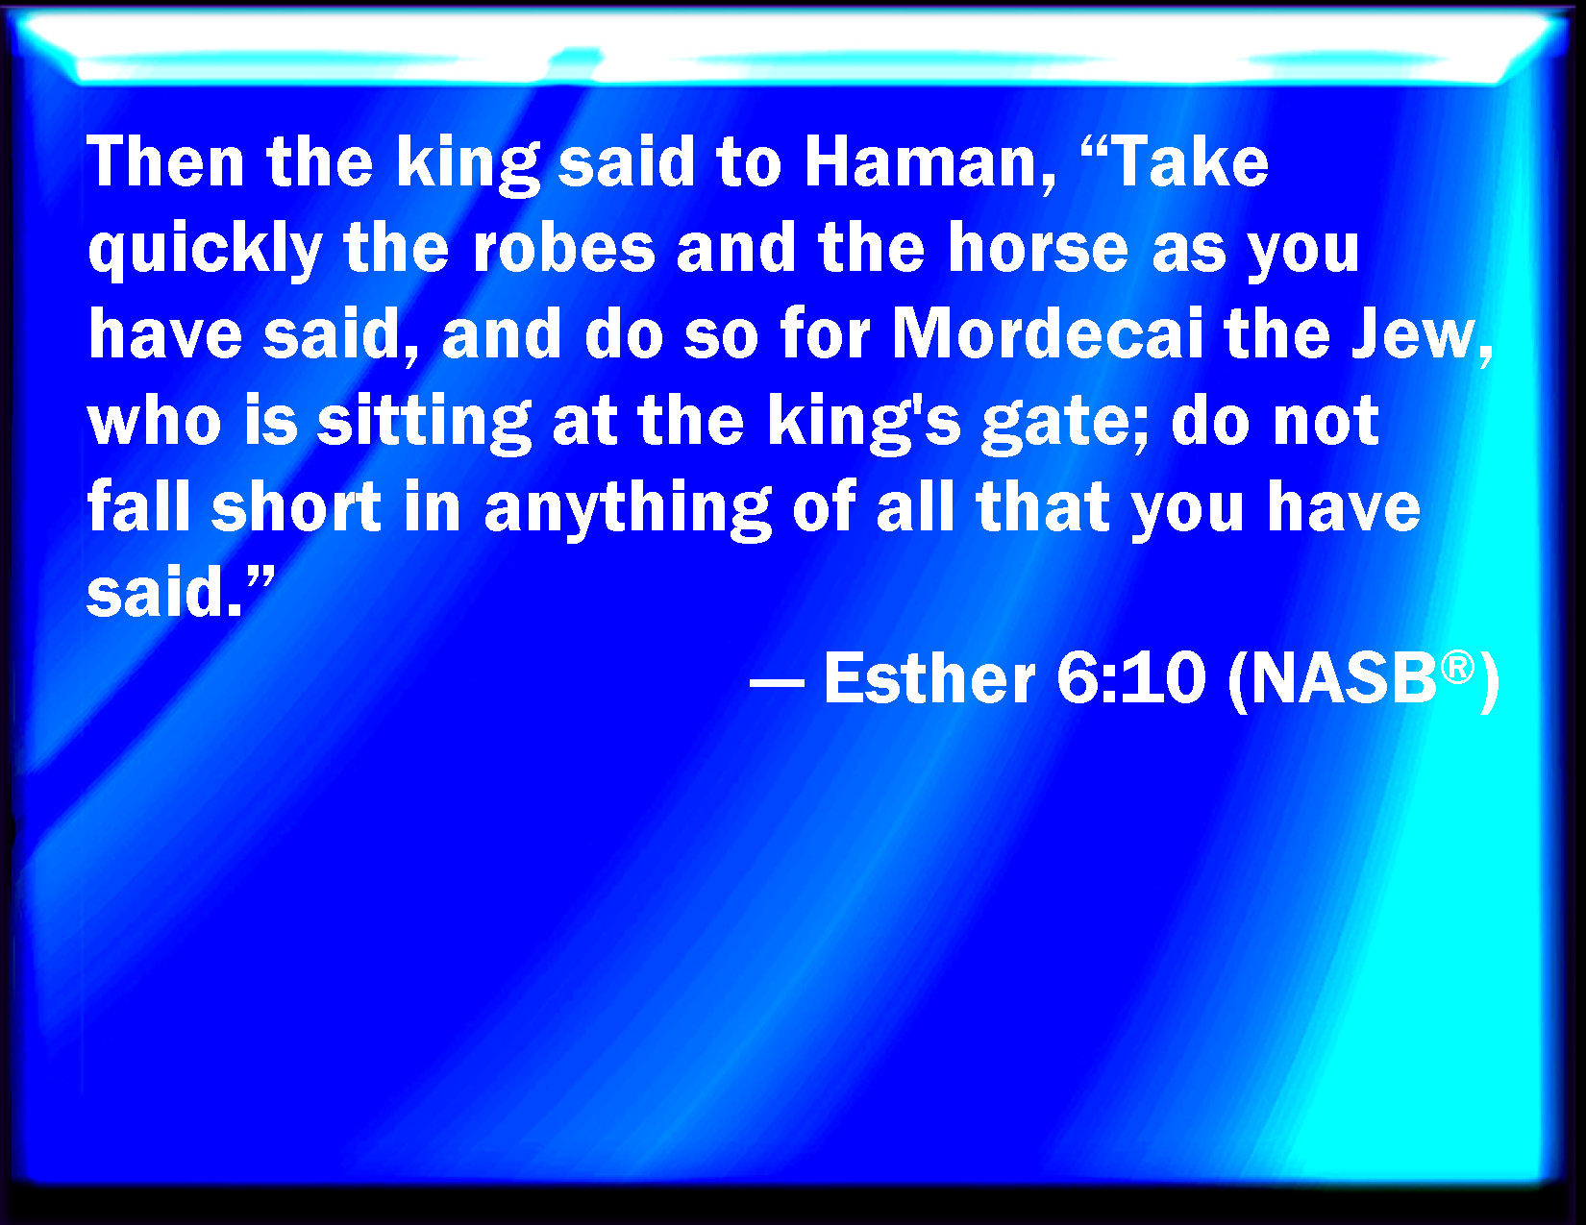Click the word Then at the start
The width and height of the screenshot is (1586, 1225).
[165, 162]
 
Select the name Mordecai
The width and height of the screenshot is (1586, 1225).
[1048, 334]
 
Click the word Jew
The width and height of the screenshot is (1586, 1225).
[1421, 335]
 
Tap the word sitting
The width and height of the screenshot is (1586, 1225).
[424, 423]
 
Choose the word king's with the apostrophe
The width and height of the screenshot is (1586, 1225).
[864, 423]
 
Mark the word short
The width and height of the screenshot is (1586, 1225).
[296, 506]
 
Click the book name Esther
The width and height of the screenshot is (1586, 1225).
[929, 678]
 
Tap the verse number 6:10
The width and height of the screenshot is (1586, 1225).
[1130, 678]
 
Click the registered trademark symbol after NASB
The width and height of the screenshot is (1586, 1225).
[1458, 669]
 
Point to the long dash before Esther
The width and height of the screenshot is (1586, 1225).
[777, 686]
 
